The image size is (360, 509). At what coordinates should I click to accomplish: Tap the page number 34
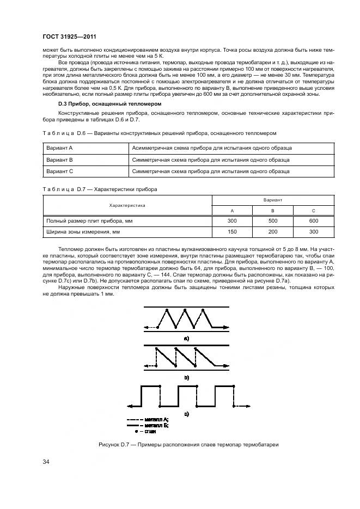coord(46,462)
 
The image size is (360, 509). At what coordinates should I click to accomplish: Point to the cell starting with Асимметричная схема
coord(211,148)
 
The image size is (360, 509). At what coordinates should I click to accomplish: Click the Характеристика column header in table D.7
coord(127,205)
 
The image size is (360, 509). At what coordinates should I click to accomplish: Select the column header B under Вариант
coord(273,211)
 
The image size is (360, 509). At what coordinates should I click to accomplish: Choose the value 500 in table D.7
coord(273,221)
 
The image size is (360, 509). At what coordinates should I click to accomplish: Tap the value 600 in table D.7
coord(313,221)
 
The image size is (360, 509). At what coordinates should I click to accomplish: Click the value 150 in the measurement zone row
coord(233,232)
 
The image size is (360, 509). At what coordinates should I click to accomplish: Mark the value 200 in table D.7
coord(273,232)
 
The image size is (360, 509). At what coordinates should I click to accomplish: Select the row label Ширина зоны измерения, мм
coord(83,232)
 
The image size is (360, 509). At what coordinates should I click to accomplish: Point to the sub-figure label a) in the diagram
coord(186,338)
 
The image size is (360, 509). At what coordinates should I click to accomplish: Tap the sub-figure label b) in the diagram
coord(186,376)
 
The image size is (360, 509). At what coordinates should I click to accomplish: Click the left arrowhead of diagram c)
coord(130,406)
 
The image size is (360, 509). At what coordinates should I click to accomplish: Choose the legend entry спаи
coord(147,431)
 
